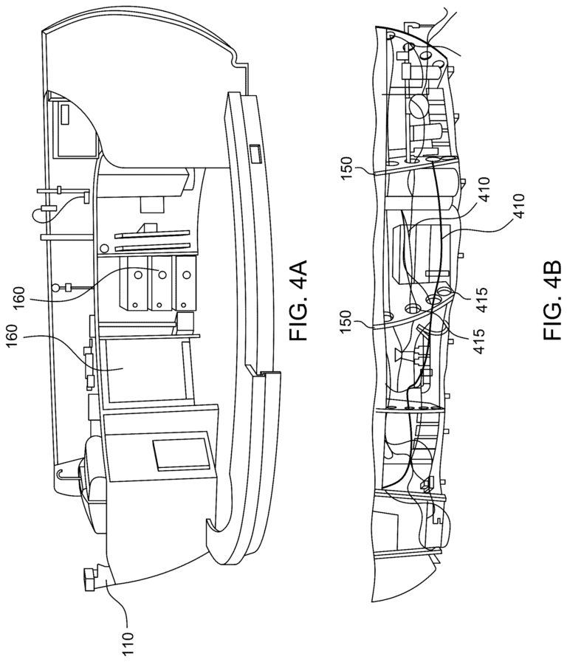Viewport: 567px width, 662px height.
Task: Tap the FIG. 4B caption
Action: pyautogui.click(x=553, y=300)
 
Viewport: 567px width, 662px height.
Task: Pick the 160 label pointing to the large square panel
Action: pyautogui.click(x=12, y=337)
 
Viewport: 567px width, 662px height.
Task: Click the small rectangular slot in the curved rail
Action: pyautogui.click(x=254, y=154)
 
